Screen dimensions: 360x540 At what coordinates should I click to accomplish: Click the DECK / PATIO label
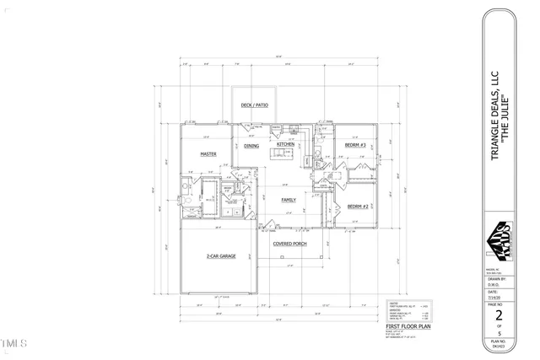point(254,105)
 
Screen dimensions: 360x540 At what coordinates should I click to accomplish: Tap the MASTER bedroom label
point(208,154)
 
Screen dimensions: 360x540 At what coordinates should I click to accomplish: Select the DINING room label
point(251,146)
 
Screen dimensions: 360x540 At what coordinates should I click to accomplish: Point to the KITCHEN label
point(286,144)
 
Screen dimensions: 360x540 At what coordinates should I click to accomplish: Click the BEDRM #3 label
point(355,145)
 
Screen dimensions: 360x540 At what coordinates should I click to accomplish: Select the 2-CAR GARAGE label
point(220,255)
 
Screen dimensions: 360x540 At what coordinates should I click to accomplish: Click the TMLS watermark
point(14,344)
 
